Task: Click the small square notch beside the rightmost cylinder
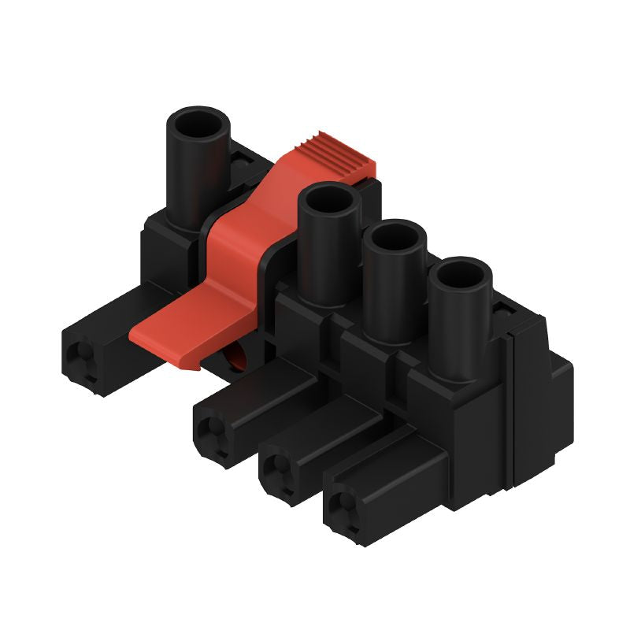click(501, 313)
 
